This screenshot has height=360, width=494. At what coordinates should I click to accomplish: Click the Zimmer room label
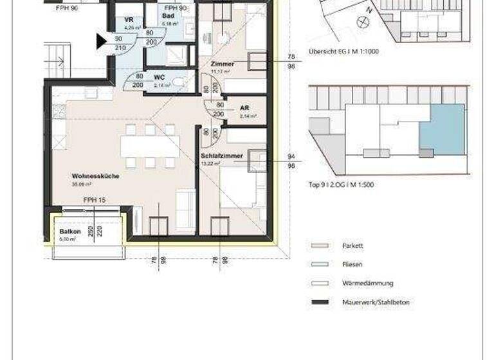click(x=222, y=65)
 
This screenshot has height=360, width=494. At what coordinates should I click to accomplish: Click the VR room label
click(x=129, y=21)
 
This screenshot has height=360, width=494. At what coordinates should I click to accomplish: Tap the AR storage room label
click(x=244, y=108)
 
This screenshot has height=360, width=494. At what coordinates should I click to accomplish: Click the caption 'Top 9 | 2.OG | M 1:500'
click(x=341, y=184)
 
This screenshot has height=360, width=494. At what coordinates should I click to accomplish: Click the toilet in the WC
click(x=181, y=82)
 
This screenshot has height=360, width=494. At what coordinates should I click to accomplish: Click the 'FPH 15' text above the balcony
click(x=94, y=201)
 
